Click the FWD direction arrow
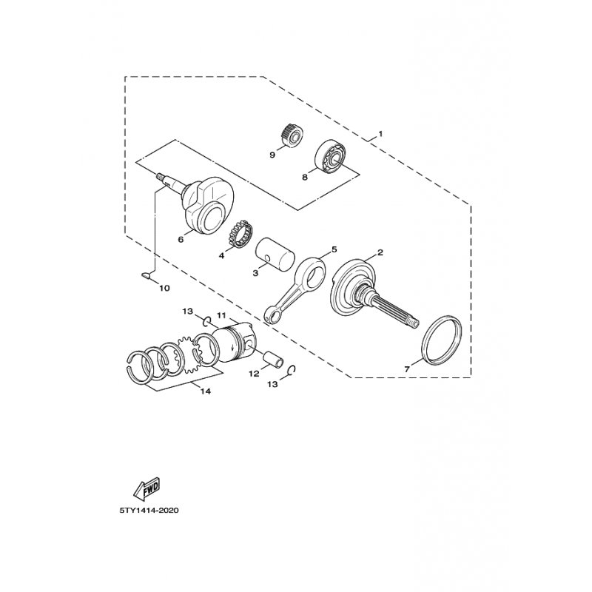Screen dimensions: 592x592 coord(147,489)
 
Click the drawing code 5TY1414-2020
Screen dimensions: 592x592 coord(149,511)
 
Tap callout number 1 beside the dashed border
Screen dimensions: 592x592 coord(380,134)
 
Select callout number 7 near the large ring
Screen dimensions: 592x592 coord(406,369)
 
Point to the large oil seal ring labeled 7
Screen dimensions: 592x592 coord(441,340)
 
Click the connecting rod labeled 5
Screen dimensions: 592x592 coord(295,289)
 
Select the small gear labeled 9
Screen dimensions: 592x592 coord(292,137)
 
